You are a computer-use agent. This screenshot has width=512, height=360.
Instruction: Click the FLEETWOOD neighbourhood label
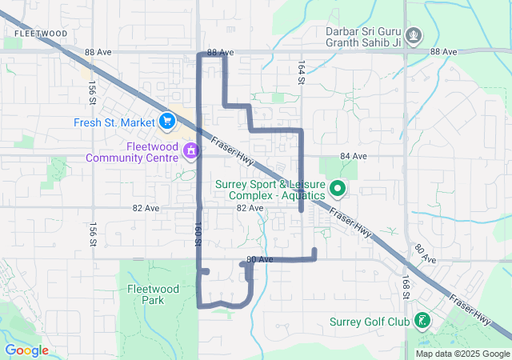pos(40,34)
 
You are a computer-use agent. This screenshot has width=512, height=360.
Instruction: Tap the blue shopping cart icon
pos(167,121)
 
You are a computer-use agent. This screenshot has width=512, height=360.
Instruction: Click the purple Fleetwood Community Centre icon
pos(191,150)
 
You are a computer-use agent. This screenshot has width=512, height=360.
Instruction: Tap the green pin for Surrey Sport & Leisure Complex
pos(338,189)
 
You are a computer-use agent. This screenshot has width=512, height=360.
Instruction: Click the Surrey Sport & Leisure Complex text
pos(270,189)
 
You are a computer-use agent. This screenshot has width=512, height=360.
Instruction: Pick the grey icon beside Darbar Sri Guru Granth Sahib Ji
pos(414,35)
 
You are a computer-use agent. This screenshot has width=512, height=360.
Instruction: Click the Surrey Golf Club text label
pos(369,323)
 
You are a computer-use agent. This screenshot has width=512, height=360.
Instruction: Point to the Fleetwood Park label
pos(146,294)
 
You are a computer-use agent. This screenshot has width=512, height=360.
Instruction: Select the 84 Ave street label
pos(353,155)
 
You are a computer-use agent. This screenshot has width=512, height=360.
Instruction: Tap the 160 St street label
pos(198,233)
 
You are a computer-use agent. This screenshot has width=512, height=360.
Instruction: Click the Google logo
pos(26,350)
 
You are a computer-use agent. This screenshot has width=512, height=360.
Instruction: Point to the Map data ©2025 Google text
pos(462,354)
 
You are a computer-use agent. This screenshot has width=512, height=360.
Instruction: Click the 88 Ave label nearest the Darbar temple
pos(443,51)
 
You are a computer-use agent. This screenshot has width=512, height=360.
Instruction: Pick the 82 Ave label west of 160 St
pos(146,207)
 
